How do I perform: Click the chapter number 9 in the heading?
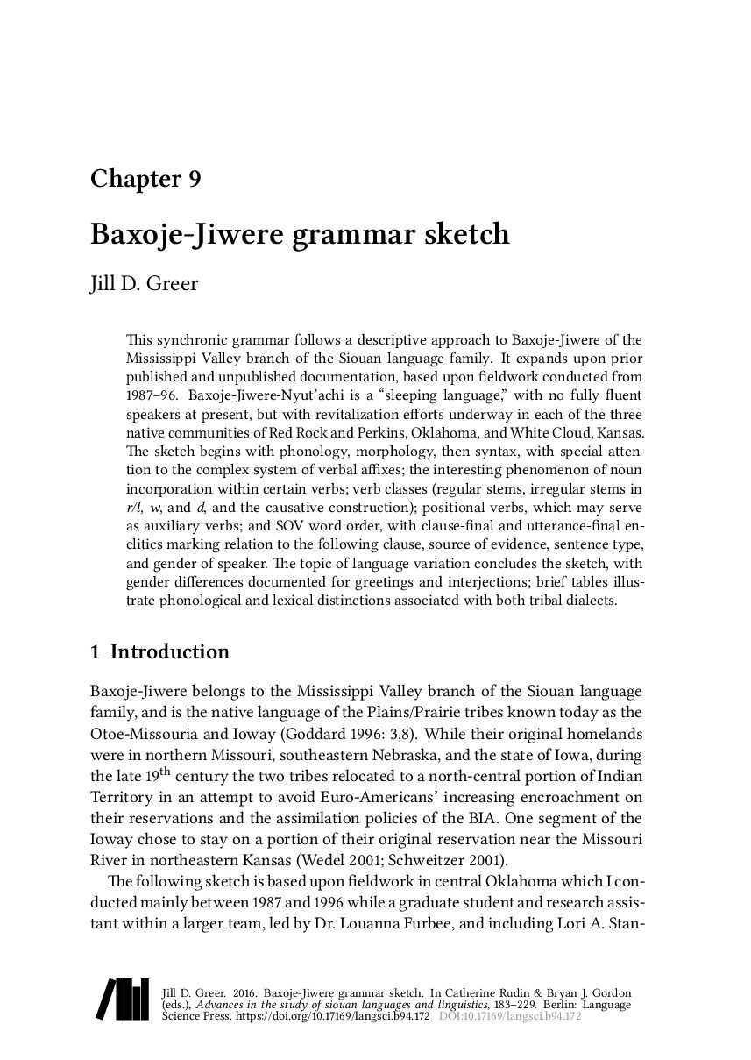(195, 179)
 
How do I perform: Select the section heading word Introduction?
(170, 651)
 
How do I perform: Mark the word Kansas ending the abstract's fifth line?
(619, 433)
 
